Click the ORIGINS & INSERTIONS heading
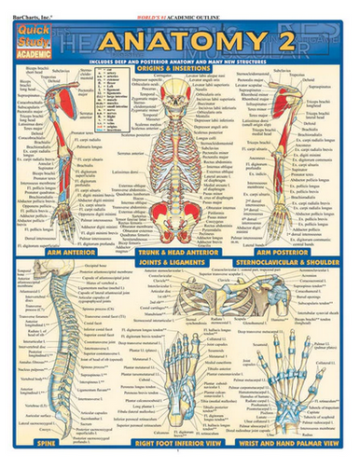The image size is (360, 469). pyautogui.click(x=179, y=70)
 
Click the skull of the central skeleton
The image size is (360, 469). pyautogui.click(x=180, y=89)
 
